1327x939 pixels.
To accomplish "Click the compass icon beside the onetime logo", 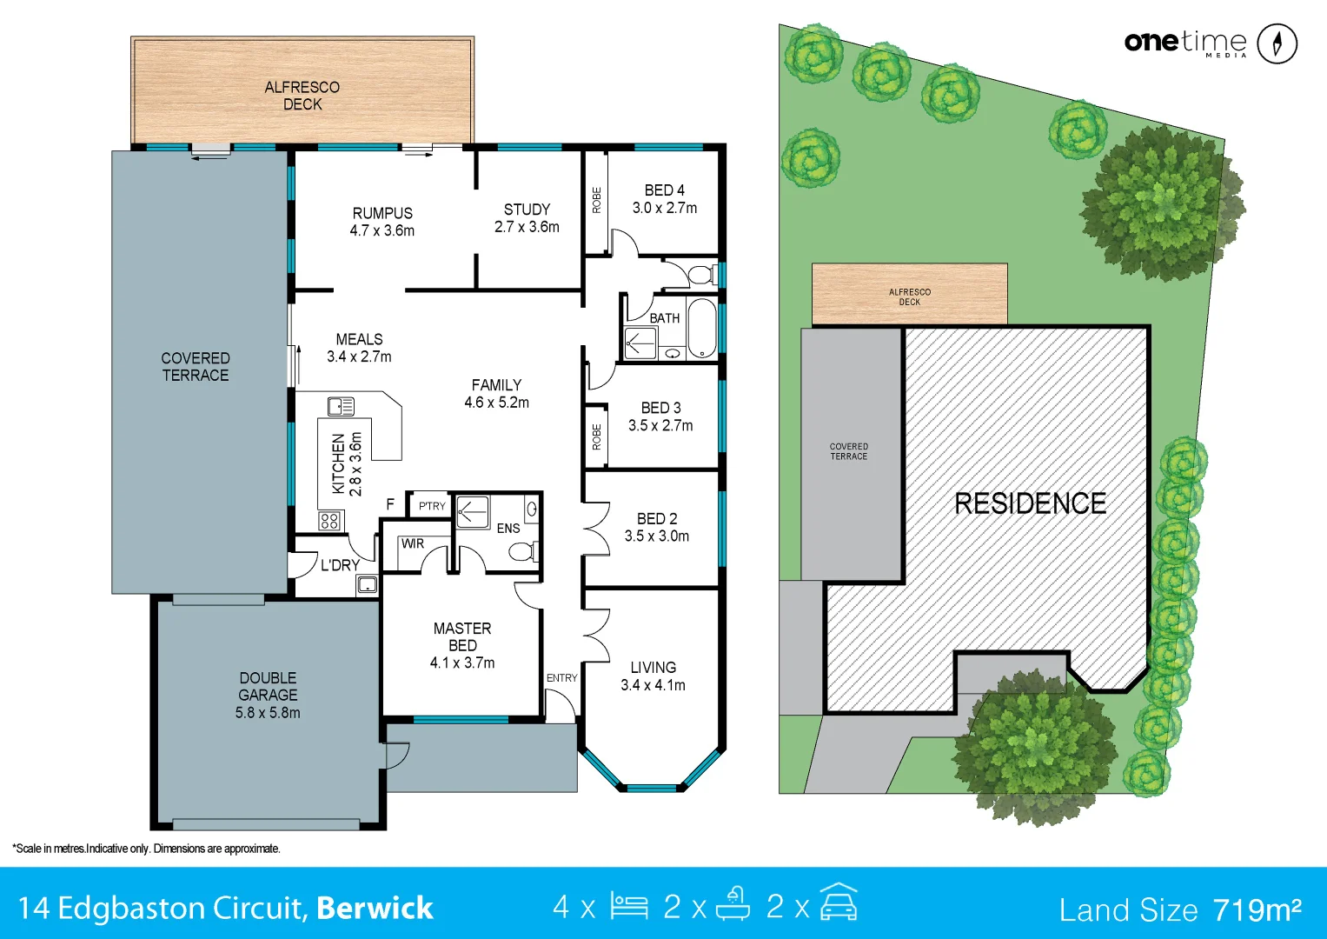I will (1277, 43).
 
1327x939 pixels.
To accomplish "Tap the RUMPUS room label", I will (382, 213).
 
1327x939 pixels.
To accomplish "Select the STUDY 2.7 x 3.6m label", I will (527, 218).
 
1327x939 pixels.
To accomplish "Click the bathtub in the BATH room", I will (701, 329).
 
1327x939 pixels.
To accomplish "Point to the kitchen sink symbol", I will (340, 406).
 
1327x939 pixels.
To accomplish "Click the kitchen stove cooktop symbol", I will (329, 521).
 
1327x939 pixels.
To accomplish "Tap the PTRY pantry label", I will (432, 506).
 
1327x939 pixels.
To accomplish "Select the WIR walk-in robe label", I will (413, 543).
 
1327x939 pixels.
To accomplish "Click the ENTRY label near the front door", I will (561, 678).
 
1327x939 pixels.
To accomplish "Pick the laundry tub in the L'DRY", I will (367, 584).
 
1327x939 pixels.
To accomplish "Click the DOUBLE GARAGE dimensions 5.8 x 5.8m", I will (268, 713).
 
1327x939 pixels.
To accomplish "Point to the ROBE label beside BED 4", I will (596, 201).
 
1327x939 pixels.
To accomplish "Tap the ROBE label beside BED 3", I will (596, 436).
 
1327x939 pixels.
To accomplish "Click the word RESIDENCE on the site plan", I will (1030, 503).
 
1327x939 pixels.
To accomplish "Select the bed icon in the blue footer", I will (628, 906).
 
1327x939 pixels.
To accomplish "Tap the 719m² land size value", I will (1257, 909).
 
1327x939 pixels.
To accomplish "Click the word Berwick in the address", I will (375, 908).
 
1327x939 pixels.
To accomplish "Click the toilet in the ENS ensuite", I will (522, 551).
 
